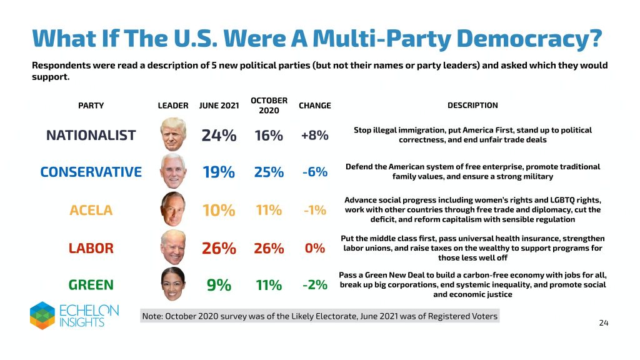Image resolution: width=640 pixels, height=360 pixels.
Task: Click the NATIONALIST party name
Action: tap(91, 135)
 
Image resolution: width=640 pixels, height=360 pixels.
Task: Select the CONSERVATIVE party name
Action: tap(91, 172)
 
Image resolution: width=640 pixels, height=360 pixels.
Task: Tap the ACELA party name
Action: tap(91, 210)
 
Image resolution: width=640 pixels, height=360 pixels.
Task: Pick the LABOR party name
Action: tap(91, 248)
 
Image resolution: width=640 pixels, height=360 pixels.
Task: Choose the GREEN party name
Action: tap(91, 285)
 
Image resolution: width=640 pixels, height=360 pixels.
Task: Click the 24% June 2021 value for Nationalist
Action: tap(219, 135)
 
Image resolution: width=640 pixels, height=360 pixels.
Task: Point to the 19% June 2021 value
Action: tap(219, 172)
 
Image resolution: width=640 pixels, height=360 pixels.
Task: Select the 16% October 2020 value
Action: tap(269, 135)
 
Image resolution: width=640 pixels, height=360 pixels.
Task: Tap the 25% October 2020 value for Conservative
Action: tap(269, 172)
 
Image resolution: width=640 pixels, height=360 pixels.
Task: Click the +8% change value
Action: tap(314, 135)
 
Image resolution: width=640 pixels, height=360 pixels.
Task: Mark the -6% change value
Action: tap(314, 172)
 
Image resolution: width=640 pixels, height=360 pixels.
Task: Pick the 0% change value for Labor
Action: tap(314, 248)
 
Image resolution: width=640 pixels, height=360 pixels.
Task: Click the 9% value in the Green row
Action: tap(219, 286)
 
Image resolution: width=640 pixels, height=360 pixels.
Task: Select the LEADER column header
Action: tap(173, 106)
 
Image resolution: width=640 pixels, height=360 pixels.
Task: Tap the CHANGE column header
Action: tap(314, 106)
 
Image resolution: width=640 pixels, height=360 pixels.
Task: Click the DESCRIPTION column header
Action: tap(472, 106)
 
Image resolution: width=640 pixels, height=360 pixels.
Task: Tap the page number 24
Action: tap(603, 323)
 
